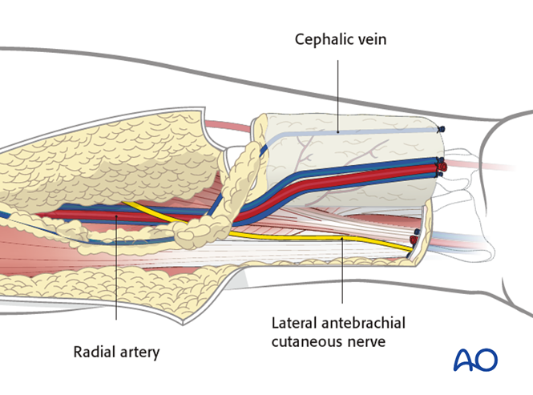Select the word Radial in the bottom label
[x=93, y=351]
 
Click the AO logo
[x=475, y=360]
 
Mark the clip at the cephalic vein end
[x=440, y=128]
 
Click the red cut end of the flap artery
[x=441, y=168]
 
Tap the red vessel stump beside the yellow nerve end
[x=414, y=239]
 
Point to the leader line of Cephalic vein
[x=338, y=88]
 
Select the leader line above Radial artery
[x=116, y=272]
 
